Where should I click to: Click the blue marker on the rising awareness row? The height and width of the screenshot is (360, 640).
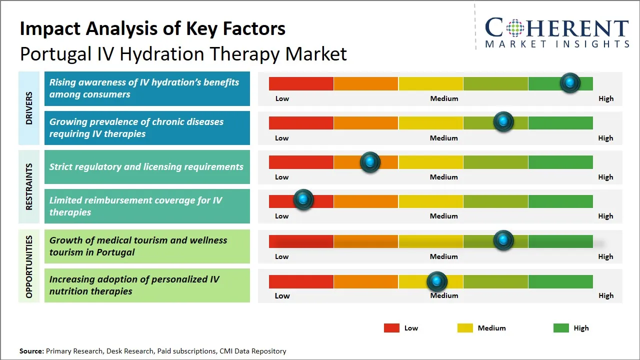569,82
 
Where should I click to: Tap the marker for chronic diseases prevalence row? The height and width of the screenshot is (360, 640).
503,121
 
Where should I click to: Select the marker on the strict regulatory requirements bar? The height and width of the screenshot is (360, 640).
370,161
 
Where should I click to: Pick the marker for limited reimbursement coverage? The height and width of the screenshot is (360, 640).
303,199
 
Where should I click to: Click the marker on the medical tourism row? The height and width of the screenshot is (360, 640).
503,240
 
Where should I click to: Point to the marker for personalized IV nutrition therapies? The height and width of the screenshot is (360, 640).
437,281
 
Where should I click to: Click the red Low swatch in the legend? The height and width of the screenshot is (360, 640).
391,328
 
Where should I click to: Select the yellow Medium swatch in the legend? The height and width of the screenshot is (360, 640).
465,328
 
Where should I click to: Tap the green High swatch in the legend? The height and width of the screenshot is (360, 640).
561,328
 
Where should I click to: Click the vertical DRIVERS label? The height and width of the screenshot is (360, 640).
28,108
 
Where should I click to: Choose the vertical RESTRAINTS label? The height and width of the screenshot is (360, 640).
28,186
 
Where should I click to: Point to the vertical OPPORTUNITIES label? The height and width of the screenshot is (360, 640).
28,266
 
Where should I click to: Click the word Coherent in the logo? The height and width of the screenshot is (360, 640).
556,28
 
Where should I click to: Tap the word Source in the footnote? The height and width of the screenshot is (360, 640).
31,351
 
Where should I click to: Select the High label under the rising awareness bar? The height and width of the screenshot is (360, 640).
605,98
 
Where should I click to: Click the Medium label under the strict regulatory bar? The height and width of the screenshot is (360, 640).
443,177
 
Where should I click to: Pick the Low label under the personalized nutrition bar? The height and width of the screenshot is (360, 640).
282,295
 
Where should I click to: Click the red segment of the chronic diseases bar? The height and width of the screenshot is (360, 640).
301,122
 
